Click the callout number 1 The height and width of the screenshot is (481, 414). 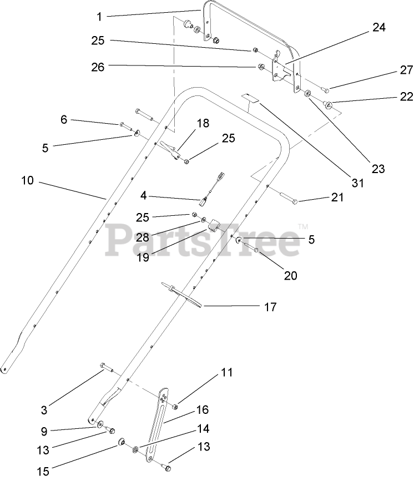pos(99,17)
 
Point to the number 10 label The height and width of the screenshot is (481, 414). pos(28,180)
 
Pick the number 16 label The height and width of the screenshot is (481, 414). pos(202,410)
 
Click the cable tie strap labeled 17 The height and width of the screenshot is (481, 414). pos(184,293)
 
